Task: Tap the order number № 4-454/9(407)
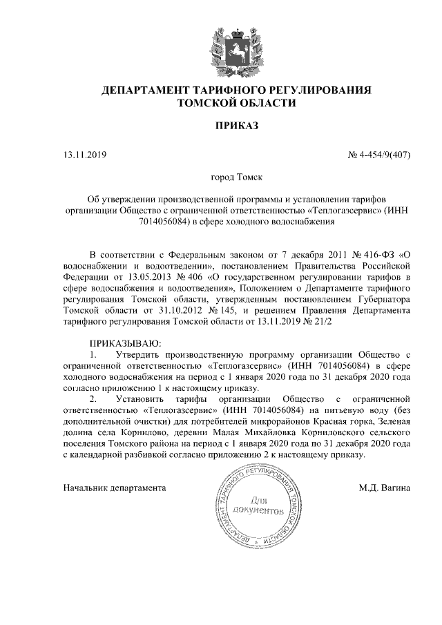click(379, 154)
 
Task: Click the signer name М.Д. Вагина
click(385, 488)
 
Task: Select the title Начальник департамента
click(114, 488)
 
